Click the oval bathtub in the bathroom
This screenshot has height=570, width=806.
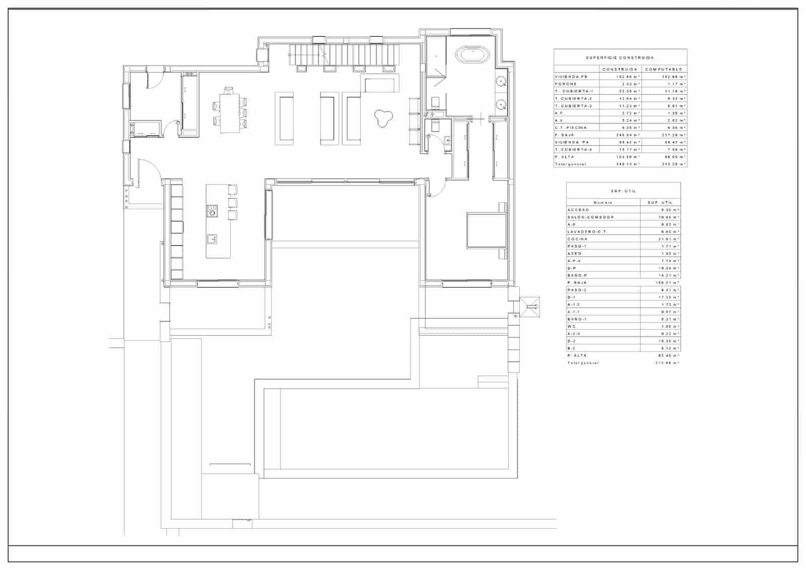pos(473,54)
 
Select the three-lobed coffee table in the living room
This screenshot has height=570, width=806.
pos(383,118)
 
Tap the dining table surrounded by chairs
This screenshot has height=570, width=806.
pos(230,113)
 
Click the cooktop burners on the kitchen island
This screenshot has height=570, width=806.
pos(212,211)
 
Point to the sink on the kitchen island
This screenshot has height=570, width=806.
pos(212,238)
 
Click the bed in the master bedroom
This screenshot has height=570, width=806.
pos(486,230)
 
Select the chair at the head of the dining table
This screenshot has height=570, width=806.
pos(229,91)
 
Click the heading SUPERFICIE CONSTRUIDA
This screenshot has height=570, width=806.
pos(620,58)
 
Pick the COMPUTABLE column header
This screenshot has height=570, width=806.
pos(663,69)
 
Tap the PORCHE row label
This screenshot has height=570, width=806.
pos(566,84)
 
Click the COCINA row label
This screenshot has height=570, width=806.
pos(577,239)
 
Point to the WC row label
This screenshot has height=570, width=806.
pos(571,327)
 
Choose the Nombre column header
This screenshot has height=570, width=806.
pos(602,203)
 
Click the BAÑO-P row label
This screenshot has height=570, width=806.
pos(577,276)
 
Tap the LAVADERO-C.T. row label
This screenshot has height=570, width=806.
pos(587,232)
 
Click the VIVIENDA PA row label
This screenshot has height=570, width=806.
pos(572,143)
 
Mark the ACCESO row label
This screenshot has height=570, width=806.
pos(578,210)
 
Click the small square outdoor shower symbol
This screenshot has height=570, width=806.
pos(530,306)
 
